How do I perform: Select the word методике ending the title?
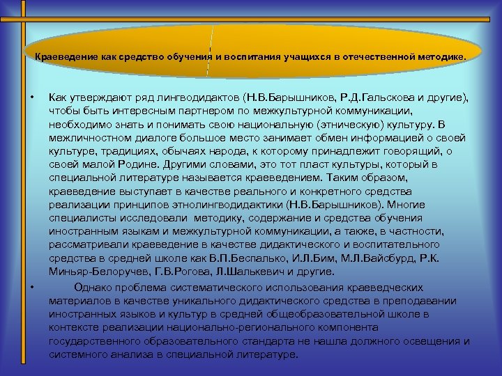[437, 56]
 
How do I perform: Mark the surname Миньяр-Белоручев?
[94, 272]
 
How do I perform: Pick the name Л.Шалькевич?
[239, 272]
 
